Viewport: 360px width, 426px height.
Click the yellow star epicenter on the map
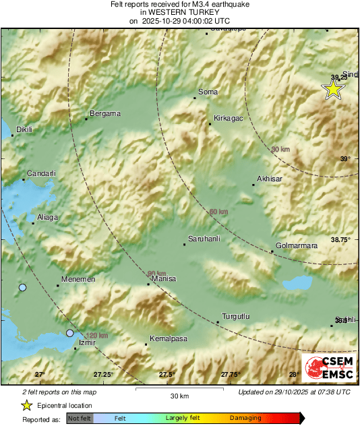point(332,90)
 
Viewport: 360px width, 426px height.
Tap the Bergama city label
point(104,113)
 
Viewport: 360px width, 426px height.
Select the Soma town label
point(207,92)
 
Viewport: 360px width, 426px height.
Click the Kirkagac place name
point(227,118)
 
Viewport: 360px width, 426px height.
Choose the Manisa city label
point(164,278)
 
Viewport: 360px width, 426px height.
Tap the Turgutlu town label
point(236,317)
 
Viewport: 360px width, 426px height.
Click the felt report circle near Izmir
point(69,333)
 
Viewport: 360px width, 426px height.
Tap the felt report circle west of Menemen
point(22,288)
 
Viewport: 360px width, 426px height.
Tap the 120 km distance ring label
point(97,335)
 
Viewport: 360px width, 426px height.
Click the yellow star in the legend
point(26,405)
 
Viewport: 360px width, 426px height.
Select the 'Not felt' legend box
point(79,419)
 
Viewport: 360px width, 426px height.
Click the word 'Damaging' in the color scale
point(245,419)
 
